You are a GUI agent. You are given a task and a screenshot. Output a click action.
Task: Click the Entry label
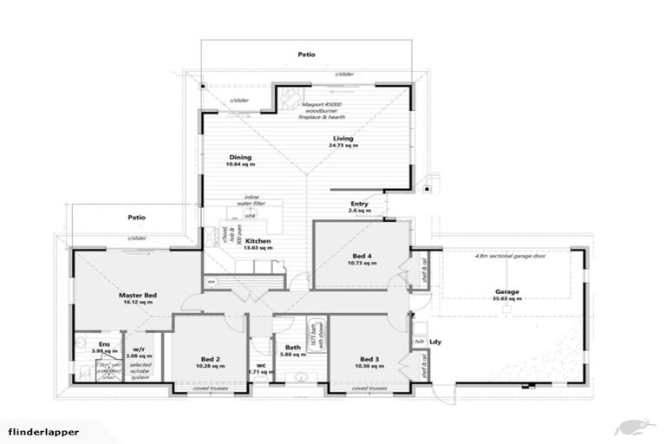tap(359, 206)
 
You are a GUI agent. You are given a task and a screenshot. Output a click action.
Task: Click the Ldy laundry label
tap(435, 340)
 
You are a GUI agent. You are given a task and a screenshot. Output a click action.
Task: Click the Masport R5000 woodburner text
tap(324, 109)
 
